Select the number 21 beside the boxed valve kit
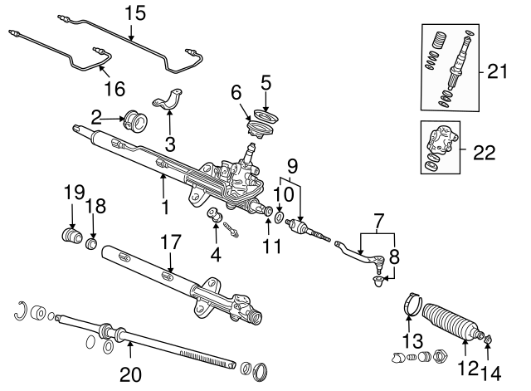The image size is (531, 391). [497, 72]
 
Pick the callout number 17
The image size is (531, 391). [169, 242]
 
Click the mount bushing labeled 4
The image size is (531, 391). [215, 218]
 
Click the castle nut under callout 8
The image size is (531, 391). [378, 281]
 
